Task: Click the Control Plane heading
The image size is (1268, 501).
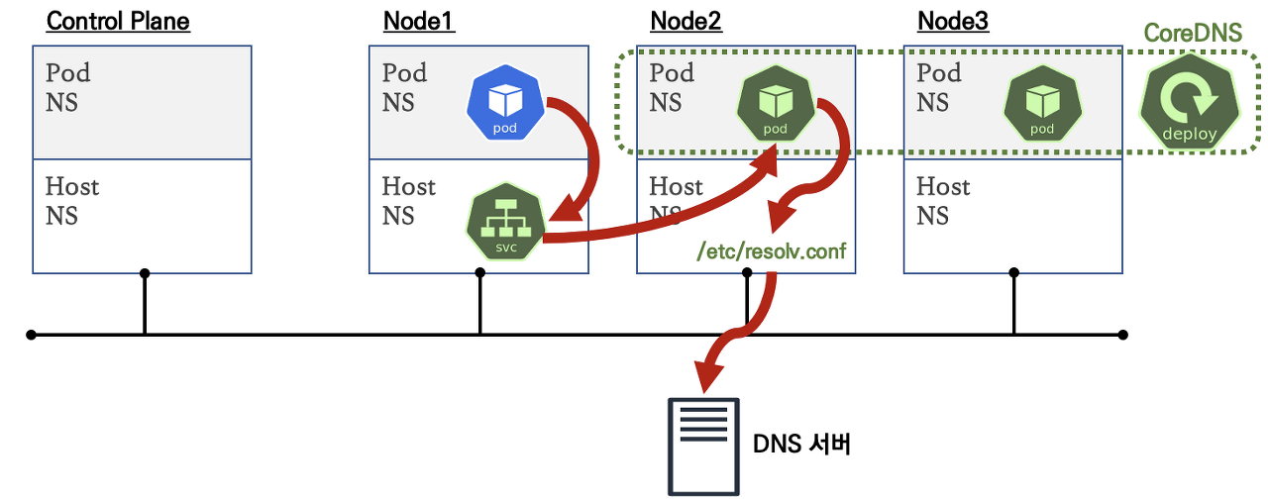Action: tap(118, 21)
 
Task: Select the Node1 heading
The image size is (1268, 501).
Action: tap(419, 21)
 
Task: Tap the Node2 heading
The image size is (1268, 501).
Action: tap(686, 21)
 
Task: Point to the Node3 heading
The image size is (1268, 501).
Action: tap(953, 21)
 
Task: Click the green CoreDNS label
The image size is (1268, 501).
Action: tap(1193, 33)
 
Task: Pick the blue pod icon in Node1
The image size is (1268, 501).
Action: tap(507, 107)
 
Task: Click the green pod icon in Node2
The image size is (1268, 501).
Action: tap(775, 107)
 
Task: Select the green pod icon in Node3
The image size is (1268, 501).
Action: tap(1042, 107)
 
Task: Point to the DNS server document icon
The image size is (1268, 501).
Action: tap(704, 446)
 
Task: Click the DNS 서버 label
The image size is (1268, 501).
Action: tap(802, 445)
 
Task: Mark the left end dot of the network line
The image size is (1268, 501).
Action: tap(31, 335)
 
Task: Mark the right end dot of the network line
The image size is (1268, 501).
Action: tap(1122, 335)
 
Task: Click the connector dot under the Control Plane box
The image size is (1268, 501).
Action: tap(145, 273)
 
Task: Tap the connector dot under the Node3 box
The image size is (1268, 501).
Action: tap(1013, 273)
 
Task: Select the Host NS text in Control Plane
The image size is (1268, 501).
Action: tap(72, 201)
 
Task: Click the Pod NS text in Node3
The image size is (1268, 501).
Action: tap(938, 87)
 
